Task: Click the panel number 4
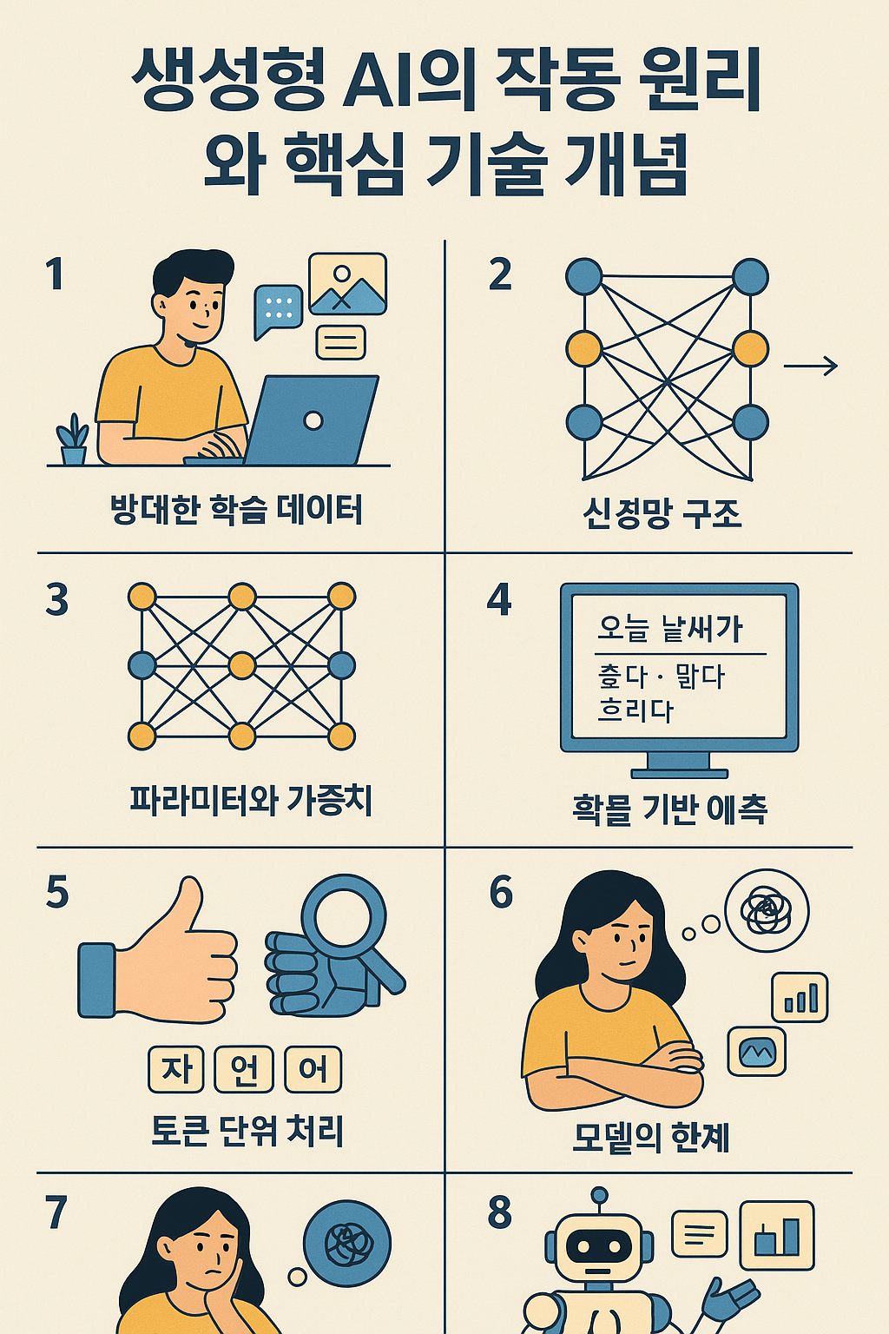(x=499, y=600)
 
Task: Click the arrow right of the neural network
(x=810, y=367)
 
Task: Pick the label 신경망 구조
(x=662, y=513)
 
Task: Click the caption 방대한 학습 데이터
(x=236, y=510)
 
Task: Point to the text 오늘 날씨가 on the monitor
(x=669, y=628)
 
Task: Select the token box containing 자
(x=176, y=1069)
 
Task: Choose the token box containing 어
(x=313, y=1069)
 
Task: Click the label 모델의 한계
(x=651, y=1137)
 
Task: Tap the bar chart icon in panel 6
(x=800, y=997)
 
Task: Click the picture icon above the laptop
(x=347, y=284)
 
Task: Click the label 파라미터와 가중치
(x=251, y=800)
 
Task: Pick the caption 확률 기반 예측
(x=669, y=809)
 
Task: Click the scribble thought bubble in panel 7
(x=347, y=1243)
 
